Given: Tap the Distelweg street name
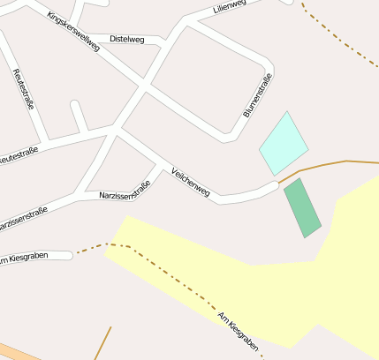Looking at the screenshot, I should (x=125, y=39).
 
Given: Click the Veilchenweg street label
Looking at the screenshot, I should (x=191, y=181).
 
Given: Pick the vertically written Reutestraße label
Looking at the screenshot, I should (x=24, y=87).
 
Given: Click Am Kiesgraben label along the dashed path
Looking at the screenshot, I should (x=236, y=332).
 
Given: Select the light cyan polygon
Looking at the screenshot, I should (x=283, y=143).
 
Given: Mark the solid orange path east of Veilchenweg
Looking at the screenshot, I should (x=327, y=164).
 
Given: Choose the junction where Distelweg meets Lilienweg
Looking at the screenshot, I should (x=168, y=41).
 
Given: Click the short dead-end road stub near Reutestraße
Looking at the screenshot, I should (x=79, y=116).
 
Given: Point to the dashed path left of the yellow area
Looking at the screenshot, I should (x=88, y=248).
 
